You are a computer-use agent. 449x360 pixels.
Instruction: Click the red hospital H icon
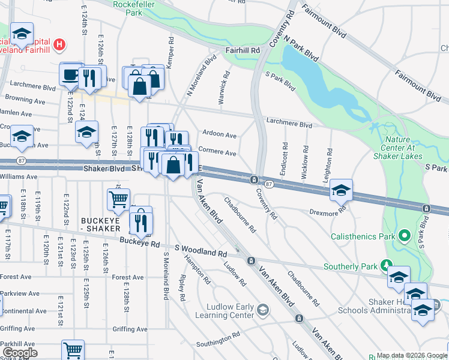pos(59,44)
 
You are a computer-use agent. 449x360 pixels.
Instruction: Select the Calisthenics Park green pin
pos(405,236)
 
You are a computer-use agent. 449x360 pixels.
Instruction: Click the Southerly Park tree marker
pos(387,265)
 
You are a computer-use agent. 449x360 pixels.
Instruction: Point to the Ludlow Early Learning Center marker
pos(262,310)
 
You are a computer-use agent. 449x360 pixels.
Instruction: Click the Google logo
pos(20,352)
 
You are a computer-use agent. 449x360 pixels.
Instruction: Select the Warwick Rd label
pos(224,89)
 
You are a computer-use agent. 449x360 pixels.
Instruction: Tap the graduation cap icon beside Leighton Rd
pos(341,191)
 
